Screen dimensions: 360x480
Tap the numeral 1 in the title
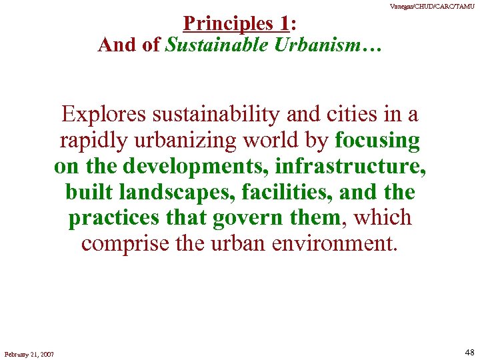[285, 24]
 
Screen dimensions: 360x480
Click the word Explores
[104, 114]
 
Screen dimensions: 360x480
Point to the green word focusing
[377, 141]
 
